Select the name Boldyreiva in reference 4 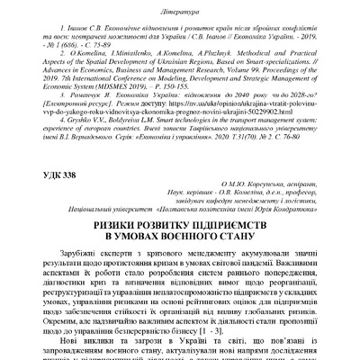coord(126,147)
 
